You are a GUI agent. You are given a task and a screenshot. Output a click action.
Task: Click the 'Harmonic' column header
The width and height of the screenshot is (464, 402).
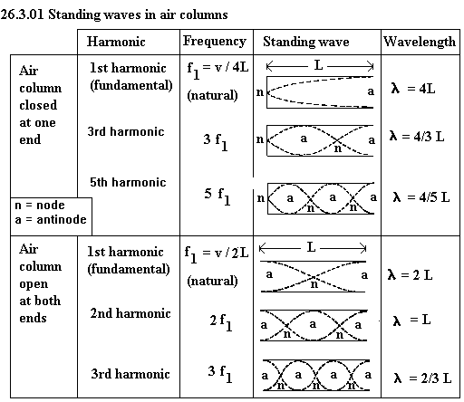[116, 42]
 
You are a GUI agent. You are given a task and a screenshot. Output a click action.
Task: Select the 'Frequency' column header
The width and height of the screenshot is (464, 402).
[215, 42]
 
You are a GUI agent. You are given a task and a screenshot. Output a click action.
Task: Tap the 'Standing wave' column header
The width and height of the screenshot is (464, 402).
[306, 42]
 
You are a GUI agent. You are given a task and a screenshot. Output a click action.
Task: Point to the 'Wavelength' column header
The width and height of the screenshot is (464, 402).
[420, 42]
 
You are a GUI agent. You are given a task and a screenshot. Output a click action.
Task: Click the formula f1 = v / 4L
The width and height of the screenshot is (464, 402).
[217, 69]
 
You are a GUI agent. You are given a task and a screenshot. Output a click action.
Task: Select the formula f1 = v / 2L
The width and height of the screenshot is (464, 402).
[217, 254]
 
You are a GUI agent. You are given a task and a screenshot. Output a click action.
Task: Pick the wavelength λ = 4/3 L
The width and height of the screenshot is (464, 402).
[417, 137]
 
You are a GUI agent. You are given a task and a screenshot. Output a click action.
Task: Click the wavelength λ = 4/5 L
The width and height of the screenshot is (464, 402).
[421, 197]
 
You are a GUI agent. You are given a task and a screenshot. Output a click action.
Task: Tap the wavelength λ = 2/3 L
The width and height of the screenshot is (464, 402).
[422, 378]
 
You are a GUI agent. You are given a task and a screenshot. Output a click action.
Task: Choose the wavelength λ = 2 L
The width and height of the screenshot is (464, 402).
[410, 275]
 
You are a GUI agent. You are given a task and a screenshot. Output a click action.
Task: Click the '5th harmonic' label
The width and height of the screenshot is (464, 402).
[128, 182]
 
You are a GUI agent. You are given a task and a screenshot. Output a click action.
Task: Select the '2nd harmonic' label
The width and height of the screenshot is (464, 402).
[130, 313]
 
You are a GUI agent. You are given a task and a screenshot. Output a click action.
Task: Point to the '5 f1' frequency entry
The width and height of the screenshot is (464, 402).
[217, 196]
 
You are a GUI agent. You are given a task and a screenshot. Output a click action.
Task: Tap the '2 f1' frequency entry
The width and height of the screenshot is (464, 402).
[221, 322]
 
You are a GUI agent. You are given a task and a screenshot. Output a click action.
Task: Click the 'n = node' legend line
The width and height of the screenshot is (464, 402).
[40, 206]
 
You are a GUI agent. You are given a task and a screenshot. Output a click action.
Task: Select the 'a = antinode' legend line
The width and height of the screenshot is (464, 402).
[51, 219]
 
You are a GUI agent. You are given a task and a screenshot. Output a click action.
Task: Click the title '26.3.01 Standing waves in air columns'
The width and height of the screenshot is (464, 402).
[114, 14]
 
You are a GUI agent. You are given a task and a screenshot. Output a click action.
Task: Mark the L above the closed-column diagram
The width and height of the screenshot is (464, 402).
[318, 65]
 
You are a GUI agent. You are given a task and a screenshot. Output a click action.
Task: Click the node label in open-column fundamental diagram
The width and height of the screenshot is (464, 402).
[314, 284]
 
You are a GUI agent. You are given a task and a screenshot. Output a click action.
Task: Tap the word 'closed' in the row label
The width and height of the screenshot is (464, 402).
[38, 105]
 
